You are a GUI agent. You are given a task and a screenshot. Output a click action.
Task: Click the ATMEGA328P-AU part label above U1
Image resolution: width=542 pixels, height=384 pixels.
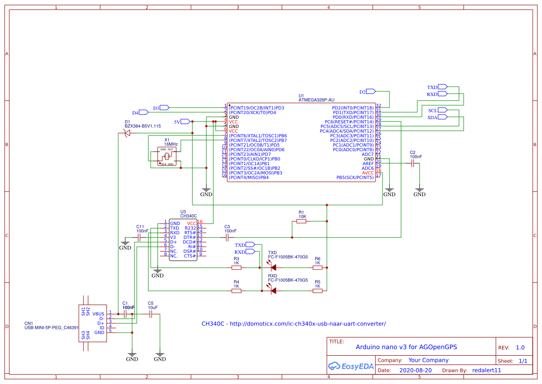tap(316, 100)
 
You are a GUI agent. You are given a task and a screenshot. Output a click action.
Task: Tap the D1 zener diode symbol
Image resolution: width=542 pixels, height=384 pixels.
tap(127, 133)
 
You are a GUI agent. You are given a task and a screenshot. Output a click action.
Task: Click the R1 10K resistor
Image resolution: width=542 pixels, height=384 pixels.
tap(301, 222)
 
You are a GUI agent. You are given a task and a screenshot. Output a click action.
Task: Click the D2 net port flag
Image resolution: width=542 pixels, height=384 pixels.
tap(370, 91)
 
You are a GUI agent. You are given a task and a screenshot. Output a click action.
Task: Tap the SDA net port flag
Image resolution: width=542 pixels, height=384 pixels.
tap(442, 117)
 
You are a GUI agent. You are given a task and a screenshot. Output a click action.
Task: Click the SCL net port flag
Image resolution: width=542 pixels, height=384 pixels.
tap(442, 110)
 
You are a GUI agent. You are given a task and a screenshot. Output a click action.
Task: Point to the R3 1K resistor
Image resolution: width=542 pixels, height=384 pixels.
tap(236, 268)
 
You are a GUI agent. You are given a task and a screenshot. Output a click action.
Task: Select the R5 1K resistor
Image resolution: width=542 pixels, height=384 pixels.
tap(318, 291)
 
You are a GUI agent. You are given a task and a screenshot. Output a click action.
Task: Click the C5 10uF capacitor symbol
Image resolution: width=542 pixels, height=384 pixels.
tap(150, 314)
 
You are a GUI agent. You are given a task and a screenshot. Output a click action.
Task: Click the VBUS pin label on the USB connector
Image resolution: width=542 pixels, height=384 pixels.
tap(98, 314)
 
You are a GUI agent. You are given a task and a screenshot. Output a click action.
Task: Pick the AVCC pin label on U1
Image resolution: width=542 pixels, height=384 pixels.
tap(368, 173)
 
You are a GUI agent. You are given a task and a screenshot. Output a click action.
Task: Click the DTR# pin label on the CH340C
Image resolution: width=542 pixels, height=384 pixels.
tap(190, 237)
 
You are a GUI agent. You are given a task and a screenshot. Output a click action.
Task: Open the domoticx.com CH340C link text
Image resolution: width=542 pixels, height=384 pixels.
tap(293, 324)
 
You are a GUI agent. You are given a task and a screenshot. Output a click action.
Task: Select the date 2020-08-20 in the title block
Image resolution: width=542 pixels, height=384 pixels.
tap(415, 371)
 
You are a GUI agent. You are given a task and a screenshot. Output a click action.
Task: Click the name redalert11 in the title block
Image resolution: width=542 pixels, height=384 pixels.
tap(486, 371)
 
